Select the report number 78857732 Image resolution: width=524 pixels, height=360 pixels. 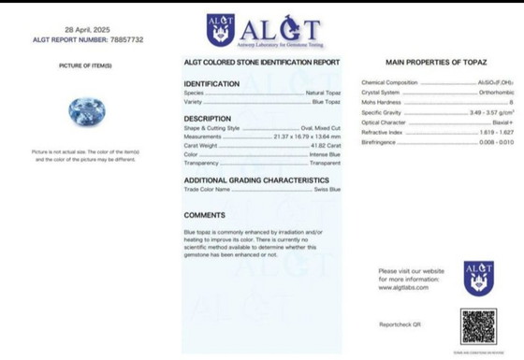125,40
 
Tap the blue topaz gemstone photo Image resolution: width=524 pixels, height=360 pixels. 86,112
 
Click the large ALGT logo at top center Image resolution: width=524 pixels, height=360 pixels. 263,31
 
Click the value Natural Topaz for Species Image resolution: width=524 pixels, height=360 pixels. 323,94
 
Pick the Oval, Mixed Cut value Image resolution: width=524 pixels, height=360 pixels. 320,128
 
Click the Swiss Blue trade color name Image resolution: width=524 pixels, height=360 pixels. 327,189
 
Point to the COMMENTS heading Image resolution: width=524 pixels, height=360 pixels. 204,215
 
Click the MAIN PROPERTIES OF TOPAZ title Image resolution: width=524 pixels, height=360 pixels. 435,62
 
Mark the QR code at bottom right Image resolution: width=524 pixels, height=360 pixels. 478,325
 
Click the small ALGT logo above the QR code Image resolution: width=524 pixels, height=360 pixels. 478,279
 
